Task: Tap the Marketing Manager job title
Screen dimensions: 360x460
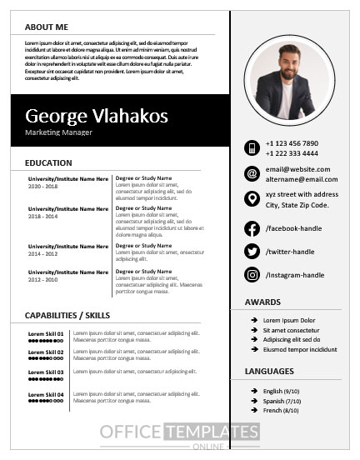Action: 58,132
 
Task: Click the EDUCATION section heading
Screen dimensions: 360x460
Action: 48,162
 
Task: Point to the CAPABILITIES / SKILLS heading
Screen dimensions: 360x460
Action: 67,315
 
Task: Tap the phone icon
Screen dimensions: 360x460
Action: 252,147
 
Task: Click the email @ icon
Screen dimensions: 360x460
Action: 252,173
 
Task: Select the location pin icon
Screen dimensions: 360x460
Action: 252,198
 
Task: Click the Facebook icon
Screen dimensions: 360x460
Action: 252,228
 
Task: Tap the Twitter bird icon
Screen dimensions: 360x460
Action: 252,252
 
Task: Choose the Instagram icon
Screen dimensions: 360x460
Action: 252,275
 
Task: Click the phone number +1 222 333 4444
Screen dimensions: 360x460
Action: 292,153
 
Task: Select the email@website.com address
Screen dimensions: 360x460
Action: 297,168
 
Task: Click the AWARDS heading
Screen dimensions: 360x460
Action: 262,302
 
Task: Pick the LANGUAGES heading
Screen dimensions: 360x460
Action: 269,371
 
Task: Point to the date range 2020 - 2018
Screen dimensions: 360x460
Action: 43,186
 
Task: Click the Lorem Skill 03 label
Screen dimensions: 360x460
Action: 46,372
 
